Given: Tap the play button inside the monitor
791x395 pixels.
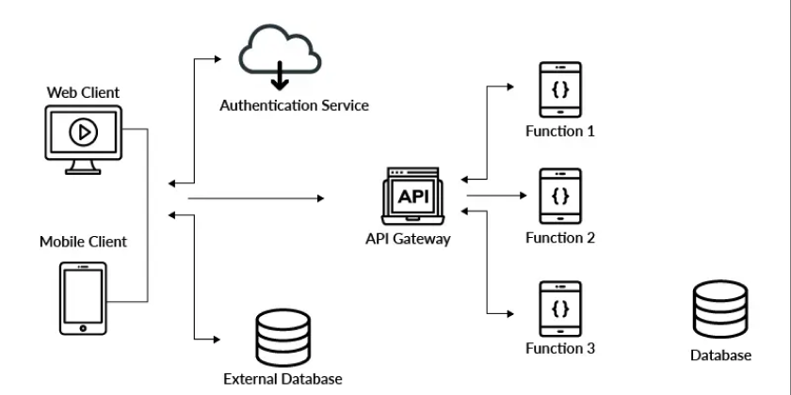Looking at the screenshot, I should [84, 133].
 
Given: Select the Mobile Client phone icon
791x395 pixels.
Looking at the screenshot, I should [83, 297].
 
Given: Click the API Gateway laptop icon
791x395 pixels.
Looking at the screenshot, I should [412, 197].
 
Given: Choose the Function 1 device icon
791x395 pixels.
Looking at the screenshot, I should [559, 90].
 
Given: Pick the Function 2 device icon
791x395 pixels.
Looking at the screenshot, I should [559, 197].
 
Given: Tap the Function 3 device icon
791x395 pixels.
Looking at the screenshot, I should [559, 308].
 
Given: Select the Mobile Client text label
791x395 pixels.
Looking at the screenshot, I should [83, 242].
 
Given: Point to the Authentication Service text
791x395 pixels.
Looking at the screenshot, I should [294, 105].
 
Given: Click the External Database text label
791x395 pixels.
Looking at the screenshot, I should [282, 380].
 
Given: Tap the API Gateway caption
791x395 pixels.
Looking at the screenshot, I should [408, 239].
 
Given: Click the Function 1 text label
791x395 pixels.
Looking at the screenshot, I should [559, 132].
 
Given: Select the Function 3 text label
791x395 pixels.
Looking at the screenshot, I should [559, 349].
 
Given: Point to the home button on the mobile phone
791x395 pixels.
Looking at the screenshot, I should [83, 327].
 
